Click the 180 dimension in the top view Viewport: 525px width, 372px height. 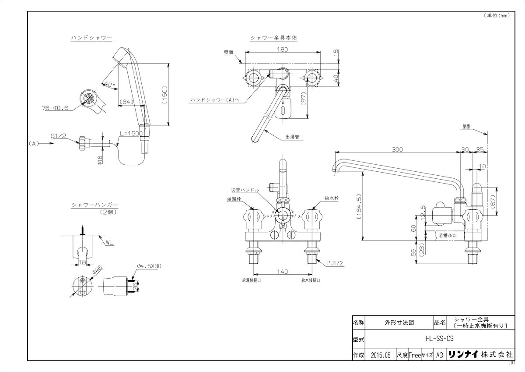283,50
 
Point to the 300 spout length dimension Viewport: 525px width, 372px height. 397,150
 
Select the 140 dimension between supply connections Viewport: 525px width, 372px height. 283,272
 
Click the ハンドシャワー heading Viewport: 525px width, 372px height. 91,38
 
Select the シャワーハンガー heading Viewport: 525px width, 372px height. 94,205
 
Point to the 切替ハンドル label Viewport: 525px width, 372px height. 245,190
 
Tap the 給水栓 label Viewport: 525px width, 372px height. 332,198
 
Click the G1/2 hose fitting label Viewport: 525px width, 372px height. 58,136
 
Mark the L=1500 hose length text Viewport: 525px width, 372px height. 132,133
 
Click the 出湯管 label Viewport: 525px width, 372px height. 292,137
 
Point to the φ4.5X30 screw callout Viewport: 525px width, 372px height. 148,266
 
